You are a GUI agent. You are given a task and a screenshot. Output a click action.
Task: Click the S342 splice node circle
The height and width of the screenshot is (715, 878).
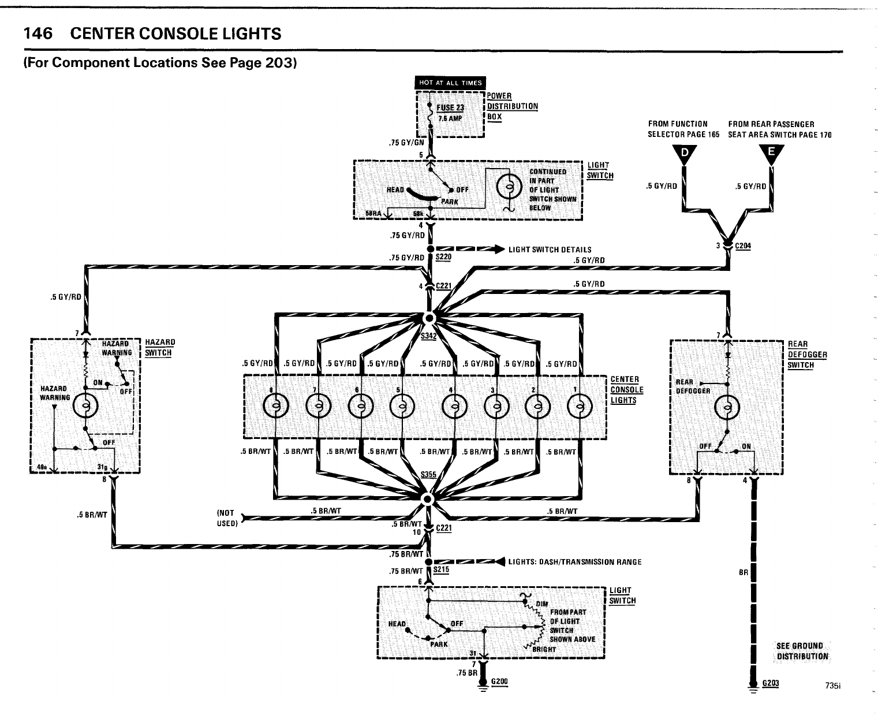pyautogui.click(x=428, y=318)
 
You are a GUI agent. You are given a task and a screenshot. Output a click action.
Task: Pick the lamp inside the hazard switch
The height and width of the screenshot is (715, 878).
pyautogui.click(x=85, y=407)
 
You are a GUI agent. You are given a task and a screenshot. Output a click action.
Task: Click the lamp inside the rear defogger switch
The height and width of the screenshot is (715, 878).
pyautogui.click(x=726, y=407)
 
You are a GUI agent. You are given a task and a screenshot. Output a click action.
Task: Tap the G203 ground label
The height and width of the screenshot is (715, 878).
pyautogui.click(x=771, y=684)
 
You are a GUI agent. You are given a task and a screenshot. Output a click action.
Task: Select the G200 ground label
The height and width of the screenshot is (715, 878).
pyautogui.click(x=499, y=682)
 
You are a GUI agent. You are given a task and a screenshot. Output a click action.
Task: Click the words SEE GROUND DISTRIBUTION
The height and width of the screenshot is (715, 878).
pyautogui.click(x=802, y=650)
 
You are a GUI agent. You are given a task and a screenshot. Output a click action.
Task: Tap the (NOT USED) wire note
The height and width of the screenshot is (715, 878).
pyautogui.click(x=226, y=517)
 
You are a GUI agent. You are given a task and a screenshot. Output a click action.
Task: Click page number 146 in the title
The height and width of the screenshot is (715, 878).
pyautogui.click(x=38, y=34)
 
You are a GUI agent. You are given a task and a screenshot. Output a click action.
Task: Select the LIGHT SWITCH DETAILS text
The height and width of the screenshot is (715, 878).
pyautogui.click(x=550, y=249)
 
